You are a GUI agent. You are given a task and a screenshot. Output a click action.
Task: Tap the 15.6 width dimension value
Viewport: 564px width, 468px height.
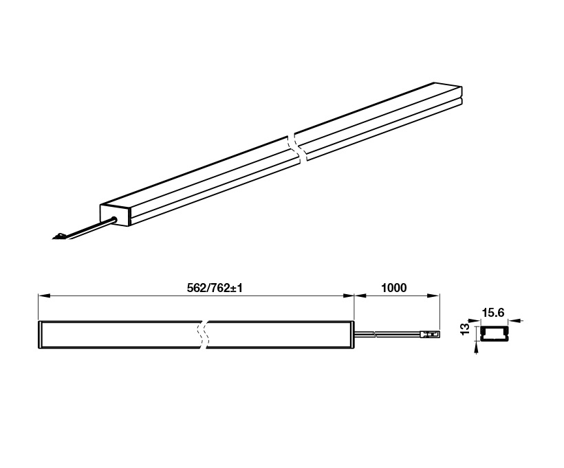pos(492,313)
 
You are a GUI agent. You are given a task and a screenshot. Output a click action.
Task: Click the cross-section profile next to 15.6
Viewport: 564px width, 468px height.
pos(492,335)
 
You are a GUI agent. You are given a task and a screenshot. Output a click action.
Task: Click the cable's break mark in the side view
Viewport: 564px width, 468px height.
pos(375,335)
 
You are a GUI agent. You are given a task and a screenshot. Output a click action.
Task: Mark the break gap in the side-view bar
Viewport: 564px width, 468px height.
pos(203,335)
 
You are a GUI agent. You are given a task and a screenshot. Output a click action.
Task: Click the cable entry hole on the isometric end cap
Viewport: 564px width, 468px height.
pos(114,220)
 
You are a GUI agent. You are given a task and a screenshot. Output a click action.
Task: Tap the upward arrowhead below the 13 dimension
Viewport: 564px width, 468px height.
pos(477,347)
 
